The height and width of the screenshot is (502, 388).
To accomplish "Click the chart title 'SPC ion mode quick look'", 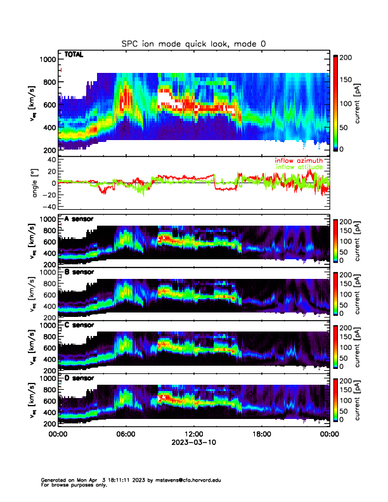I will tap(194, 43).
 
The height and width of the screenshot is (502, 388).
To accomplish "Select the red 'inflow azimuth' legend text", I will tap(298, 161).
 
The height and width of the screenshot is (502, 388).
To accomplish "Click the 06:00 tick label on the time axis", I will tap(126, 435).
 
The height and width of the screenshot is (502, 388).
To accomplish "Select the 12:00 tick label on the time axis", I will tap(193, 435).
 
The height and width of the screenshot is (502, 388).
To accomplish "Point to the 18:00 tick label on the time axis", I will tap(261, 435).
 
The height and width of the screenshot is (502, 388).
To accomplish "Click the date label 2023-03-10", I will tap(193, 443).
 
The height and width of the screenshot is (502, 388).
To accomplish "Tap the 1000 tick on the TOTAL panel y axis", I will tap(48, 60).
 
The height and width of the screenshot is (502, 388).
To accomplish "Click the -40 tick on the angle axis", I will tap(49, 207).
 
